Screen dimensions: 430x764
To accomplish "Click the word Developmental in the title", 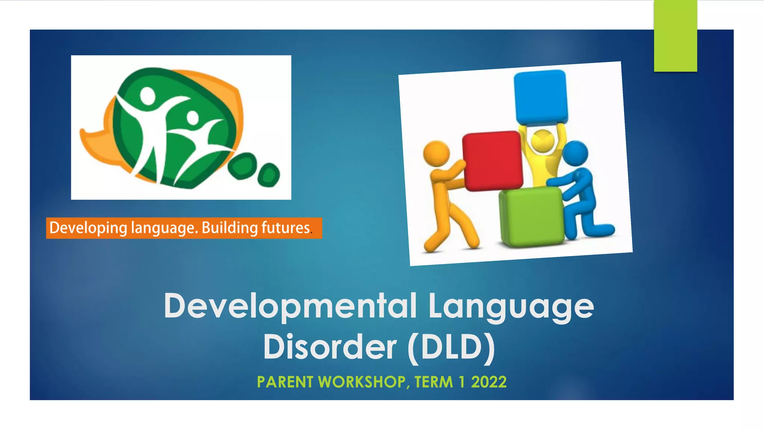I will point(290,306).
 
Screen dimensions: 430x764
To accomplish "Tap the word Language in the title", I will point(511,307).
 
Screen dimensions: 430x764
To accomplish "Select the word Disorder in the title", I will point(330,347).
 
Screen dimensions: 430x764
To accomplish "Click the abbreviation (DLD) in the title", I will point(452,347).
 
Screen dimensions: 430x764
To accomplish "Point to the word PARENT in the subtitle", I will point(285,382).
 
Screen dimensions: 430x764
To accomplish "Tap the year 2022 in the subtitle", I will point(489,382).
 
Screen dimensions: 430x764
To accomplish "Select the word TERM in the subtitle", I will point(433,382).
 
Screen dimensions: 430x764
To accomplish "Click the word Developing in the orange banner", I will point(88,228).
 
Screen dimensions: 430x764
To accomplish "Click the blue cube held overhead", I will point(541,96).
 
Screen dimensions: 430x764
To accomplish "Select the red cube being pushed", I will point(492,160).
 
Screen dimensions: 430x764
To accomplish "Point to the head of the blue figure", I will point(575,153).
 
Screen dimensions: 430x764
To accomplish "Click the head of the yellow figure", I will point(542,140).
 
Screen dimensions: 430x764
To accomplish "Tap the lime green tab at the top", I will point(675,35).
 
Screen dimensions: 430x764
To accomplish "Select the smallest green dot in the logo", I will point(269,174).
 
